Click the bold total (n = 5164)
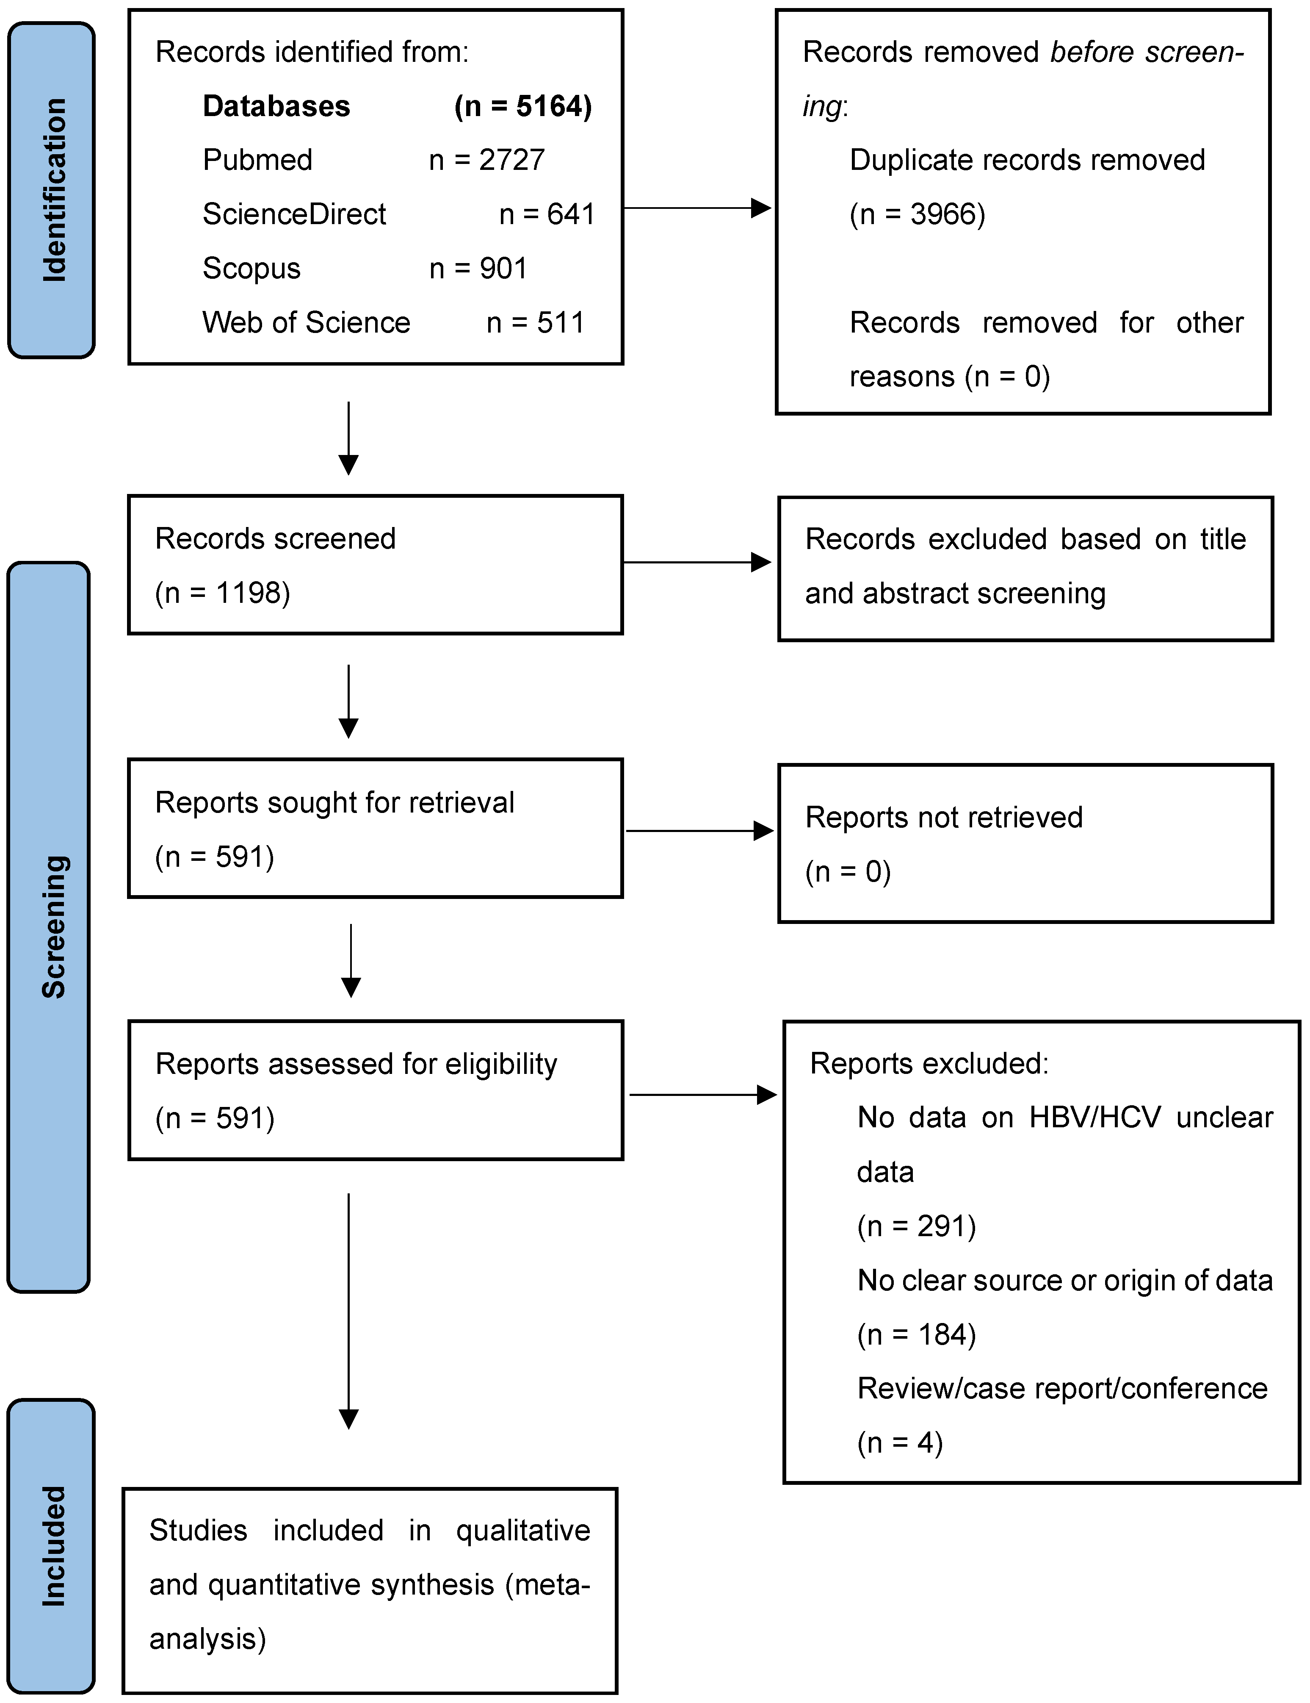[x=523, y=106]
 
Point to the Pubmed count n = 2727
[x=486, y=160]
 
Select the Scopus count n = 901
[x=478, y=268]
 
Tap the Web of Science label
[x=306, y=322]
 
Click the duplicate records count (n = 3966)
[x=917, y=214]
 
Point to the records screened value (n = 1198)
[x=222, y=593]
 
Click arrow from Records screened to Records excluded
[x=696, y=562]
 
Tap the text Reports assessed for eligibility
[x=356, y=1064]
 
